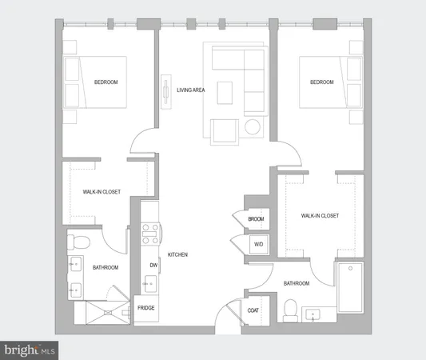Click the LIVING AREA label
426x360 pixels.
191,90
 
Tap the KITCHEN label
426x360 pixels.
177,254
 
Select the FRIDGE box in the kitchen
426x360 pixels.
145,308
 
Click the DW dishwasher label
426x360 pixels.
153,265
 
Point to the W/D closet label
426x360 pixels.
258,244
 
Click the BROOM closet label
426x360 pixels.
256,219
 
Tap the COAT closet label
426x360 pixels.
253,311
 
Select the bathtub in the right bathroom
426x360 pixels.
350,288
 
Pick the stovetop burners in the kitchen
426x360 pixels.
149,233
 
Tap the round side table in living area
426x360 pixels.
254,127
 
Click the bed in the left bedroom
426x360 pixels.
96,82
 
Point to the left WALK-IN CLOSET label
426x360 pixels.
102,192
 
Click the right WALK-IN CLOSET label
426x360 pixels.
320,216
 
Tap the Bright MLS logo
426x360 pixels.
30,350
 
